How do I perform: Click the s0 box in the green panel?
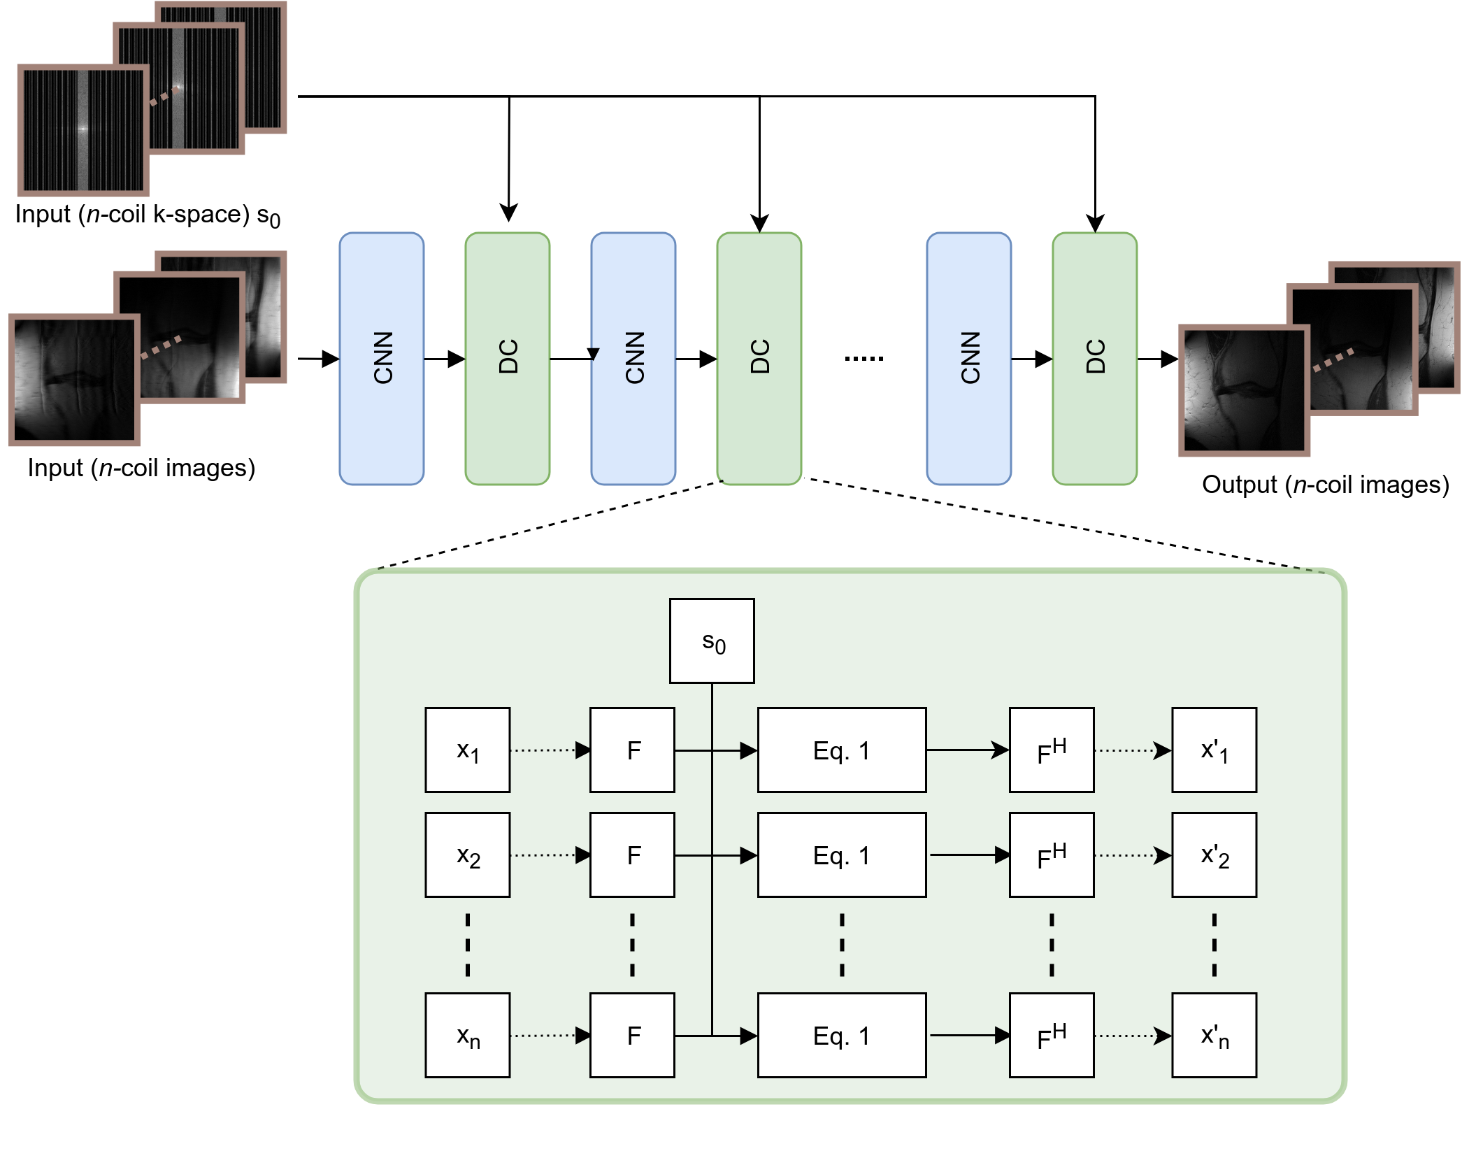pyautogui.click(x=712, y=641)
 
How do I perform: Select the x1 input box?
pyautogui.click(x=468, y=750)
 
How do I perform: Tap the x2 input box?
pyautogui.click(x=468, y=855)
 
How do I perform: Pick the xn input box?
pyautogui.click(x=468, y=1035)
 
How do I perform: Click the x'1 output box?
pyautogui.click(x=1214, y=750)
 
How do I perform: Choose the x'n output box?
pyautogui.click(x=1214, y=1035)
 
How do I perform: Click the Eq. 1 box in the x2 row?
pyautogui.click(x=842, y=855)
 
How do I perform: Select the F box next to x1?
pyautogui.click(x=633, y=750)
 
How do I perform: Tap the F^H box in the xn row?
pyautogui.click(x=1052, y=1035)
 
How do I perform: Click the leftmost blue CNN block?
pyautogui.click(x=382, y=359)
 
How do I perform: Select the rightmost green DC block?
pyautogui.click(x=1095, y=359)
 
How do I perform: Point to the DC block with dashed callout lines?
pyautogui.click(x=759, y=359)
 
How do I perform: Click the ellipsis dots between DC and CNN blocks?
pyautogui.click(x=864, y=359)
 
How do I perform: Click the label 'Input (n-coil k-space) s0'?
pyautogui.click(x=148, y=215)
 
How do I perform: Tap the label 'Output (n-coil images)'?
pyautogui.click(x=1326, y=485)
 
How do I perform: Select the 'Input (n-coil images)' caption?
pyautogui.click(x=141, y=468)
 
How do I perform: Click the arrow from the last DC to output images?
pyautogui.click(x=1158, y=359)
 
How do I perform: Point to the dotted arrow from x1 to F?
pyautogui.click(x=550, y=750)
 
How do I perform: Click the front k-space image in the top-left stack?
pyautogui.click(x=83, y=130)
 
